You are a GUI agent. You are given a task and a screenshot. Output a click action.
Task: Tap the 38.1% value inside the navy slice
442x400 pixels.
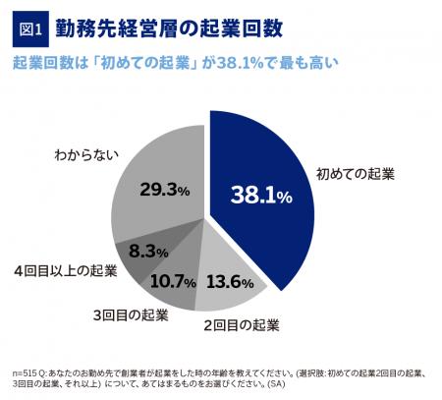pyautogui.click(x=261, y=196)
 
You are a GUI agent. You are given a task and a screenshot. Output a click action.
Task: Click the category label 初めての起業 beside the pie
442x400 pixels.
pyautogui.click(x=355, y=174)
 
